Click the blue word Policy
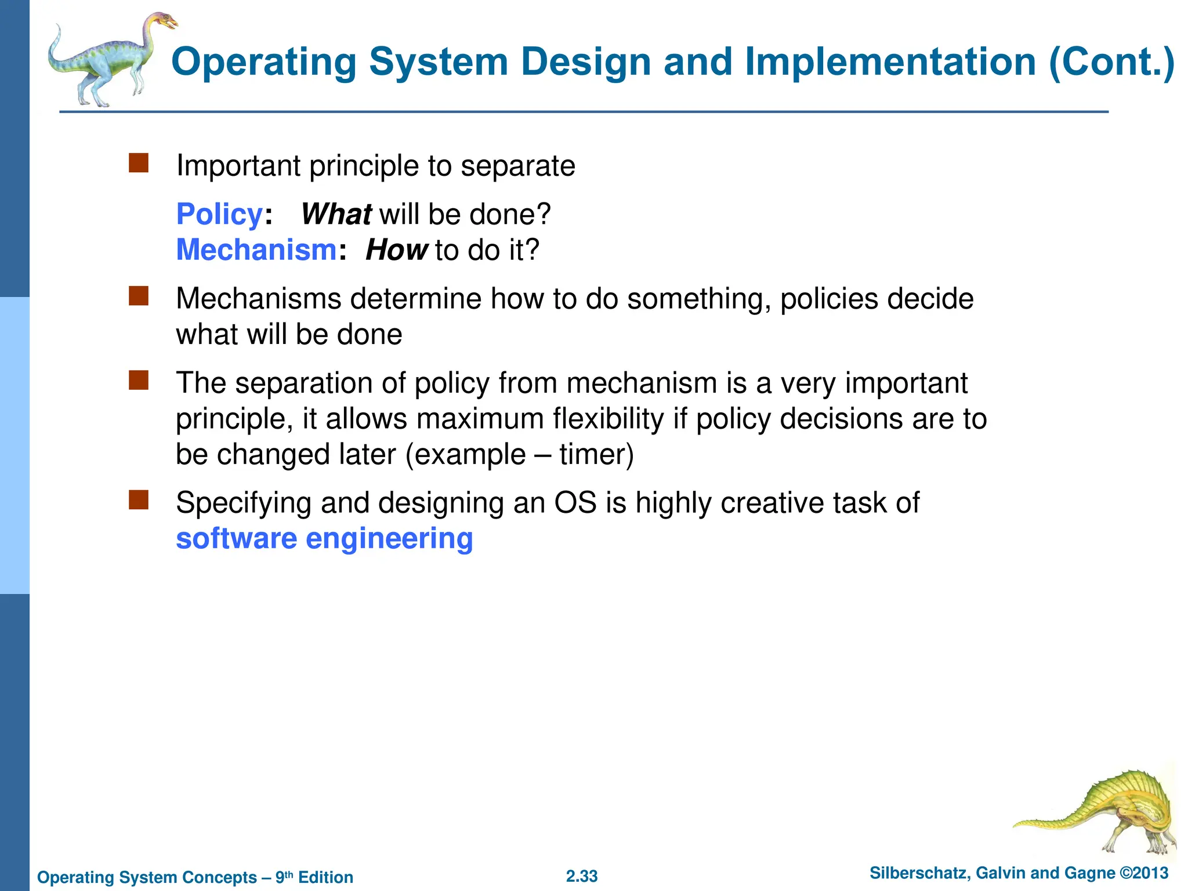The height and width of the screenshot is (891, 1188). pos(219,215)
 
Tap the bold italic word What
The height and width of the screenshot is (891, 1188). pos(336,215)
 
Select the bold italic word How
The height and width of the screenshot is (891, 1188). pos(396,251)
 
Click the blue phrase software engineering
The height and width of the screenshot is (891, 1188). pos(324,539)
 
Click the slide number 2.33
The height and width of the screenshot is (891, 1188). pos(582,876)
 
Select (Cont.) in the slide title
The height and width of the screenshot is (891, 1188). pos(1111,62)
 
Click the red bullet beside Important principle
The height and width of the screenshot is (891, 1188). pos(139,164)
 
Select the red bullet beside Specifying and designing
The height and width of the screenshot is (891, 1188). pos(139,500)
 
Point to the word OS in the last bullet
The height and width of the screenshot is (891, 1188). pos(575,503)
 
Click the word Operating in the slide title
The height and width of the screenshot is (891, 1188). pos(264,62)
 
